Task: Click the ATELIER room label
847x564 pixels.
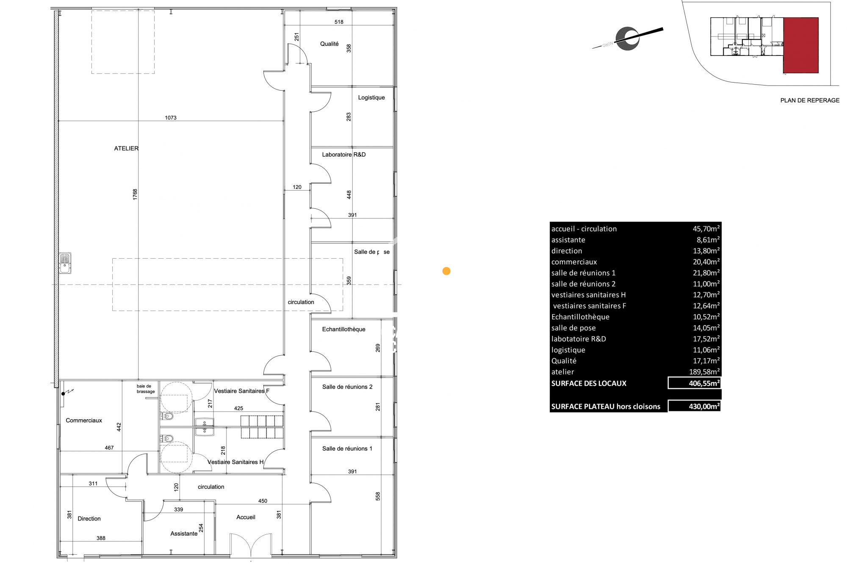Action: pyautogui.click(x=126, y=149)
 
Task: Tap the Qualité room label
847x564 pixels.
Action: pyautogui.click(x=329, y=44)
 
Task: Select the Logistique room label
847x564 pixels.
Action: pyautogui.click(x=371, y=97)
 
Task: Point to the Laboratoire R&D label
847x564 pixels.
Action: pyautogui.click(x=344, y=155)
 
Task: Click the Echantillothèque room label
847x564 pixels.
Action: pyautogui.click(x=343, y=329)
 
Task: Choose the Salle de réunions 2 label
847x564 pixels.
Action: pyautogui.click(x=347, y=387)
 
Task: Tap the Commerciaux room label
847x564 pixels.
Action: pyautogui.click(x=84, y=420)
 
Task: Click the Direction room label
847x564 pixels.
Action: pyautogui.click(x=89, y=519)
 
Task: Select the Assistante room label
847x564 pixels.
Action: pyautogui.click(x=184, y=534)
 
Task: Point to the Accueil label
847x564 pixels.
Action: pyautogui.click(x=246, y=517)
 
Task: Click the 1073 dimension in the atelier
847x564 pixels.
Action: pyautogui.click(x=171, y=118)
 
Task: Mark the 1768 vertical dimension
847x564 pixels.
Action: pyautogui.click(x=135, y=194)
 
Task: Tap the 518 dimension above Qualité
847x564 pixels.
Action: pyautogui.click(x=339, y=22)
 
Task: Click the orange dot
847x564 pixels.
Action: pyautogui.click(x=446, y=271)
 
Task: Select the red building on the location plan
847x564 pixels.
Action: pyautogui.click(x=800, y=45)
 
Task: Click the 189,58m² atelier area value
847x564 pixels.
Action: pyautogui.click(x=704, y=372)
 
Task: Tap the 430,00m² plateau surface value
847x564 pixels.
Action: pyautogui.click(x=704, y=406)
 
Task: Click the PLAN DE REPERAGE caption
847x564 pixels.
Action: pyautogui.click(x=810, y=100)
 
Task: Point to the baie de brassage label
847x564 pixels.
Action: pyautogui.click(x=146, y=389)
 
